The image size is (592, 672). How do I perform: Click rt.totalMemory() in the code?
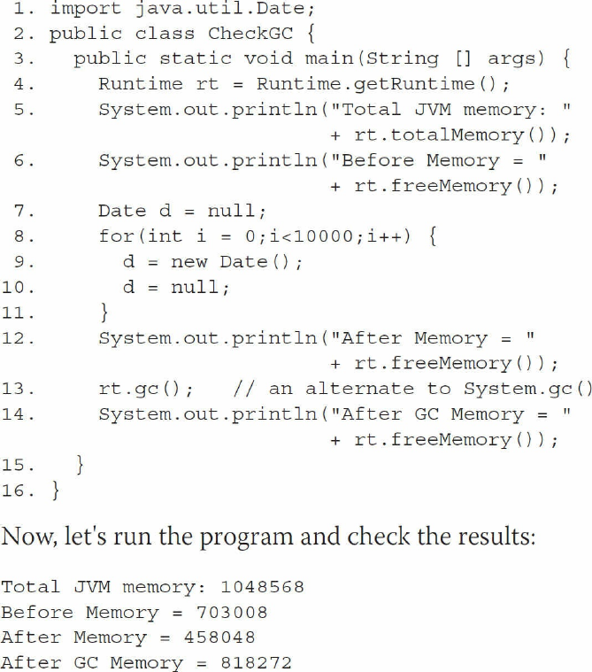pos(457,135)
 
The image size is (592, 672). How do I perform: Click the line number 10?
pos(20,288)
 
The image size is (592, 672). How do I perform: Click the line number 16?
pos(20,490)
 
